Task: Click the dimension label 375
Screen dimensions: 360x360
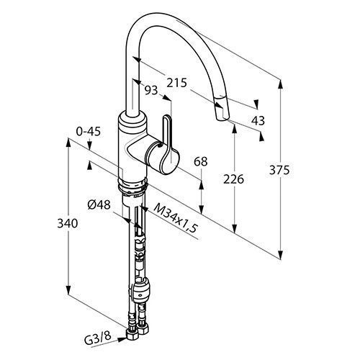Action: tap(279, 170)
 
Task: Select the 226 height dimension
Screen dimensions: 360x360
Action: tap(233, 179)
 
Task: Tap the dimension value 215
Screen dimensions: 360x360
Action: tap(176, 83)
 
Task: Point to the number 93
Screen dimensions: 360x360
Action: tap(151, 90)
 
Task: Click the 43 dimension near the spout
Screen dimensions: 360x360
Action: tap(258, 120)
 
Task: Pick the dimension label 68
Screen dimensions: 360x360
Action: tap(201, 162)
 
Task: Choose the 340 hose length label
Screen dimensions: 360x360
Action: tap(68, 223)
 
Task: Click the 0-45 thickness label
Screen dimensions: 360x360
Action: tap(89, 131)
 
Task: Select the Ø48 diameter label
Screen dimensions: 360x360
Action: tap(99, 205)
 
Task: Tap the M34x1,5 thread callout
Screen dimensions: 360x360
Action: tap(175, 218)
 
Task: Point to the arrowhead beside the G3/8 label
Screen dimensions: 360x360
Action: tap(122, 339)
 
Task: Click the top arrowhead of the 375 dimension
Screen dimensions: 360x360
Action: tap(280, 85)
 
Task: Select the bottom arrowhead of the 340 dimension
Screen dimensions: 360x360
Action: tap(68, 289)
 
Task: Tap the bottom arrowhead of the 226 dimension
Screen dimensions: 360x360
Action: tap(235, 228)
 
